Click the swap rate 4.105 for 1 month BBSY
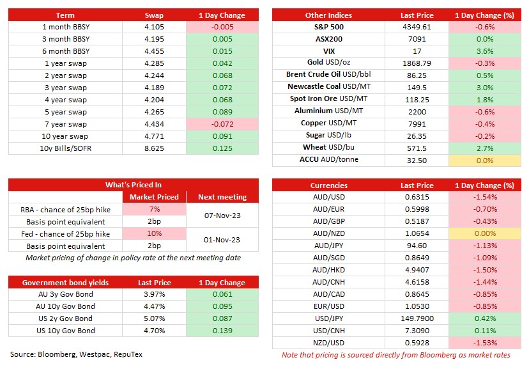(x=154, y=27)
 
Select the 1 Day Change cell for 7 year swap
(x=222, y=124)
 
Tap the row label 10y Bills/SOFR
(x=65, y=148)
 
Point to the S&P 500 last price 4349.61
(x=417, y=27)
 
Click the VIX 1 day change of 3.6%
(x=485, y=51)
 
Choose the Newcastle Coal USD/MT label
(x=329, y=86)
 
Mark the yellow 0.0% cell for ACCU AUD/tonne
(x=485, y=161)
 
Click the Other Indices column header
(x=328, y=15)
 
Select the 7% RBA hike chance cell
(x=154, y=209)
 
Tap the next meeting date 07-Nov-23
(x=222, y=216)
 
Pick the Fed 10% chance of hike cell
(x=154, y=233)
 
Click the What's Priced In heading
(x=134, y=185)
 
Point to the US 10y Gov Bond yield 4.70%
(x=154, y=331)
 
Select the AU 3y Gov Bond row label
(x=65, y=294)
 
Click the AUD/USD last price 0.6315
(x=417, y=197)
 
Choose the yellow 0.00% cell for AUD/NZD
(x=485, y=233)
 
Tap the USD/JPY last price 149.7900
(x=417, y=318)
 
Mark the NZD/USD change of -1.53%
(x=485, y=343)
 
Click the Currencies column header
(x=328, y=185)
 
